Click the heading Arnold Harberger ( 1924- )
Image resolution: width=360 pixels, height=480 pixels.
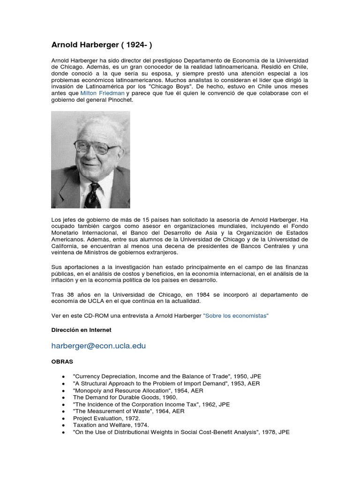coord(101,45)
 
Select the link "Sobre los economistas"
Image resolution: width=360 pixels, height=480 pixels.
coord(236,316)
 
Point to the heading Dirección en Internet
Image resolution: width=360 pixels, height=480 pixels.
coord(81,330)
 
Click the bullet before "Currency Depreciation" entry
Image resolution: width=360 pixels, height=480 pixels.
coord(63,377)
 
